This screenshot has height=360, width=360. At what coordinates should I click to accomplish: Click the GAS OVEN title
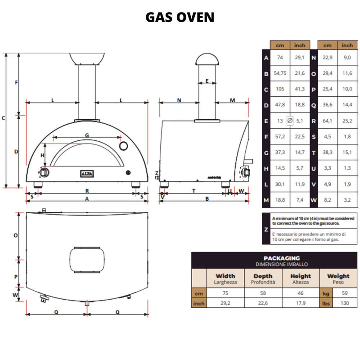pyautogui.click(x=180, y=17)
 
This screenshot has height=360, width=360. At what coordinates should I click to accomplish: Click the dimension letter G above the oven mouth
pyautogui.click(x=87, y=135)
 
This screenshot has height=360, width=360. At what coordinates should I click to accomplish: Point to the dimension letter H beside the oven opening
pyautogui.click(x=43, y=155)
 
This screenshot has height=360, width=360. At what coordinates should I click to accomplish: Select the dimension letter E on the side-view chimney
pyautogui.click(x=207, y=81)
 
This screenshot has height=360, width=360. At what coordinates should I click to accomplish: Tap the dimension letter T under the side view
pyautogui.click(x=193, y=191)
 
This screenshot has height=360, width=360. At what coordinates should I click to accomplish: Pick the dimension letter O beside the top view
pyautogui.click(x=15, y=235)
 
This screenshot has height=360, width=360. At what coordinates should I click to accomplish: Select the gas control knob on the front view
pyautogui.click(x=44, y=173)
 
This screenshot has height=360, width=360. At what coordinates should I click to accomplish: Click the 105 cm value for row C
pyautogui.click(x=280, y=90)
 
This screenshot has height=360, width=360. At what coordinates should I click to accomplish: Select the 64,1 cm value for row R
pyautogui.click(x=327, y=121)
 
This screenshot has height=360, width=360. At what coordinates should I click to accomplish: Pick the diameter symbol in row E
pyautogui.click(x=290, y=121)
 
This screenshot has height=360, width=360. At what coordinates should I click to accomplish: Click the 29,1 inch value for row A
pyautogui.click(x=299, y=58)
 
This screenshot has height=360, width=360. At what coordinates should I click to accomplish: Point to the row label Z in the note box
pyautogui.click(x=266, y=229)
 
